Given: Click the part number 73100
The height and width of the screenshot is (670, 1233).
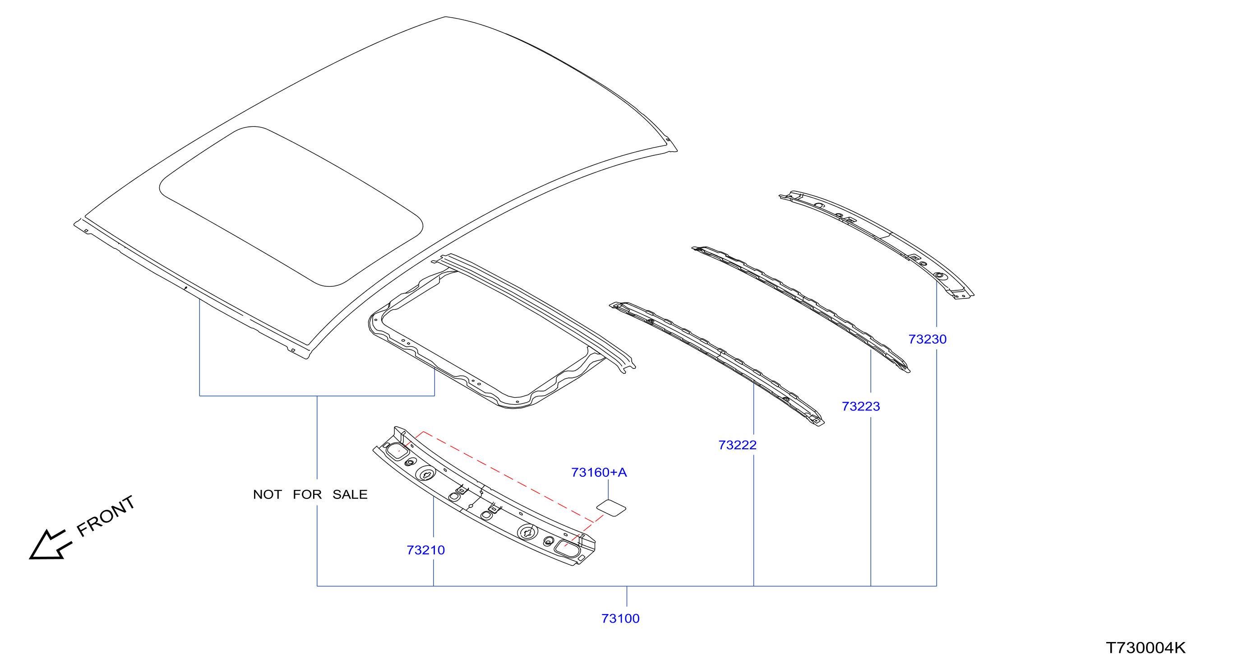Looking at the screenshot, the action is pyautogui.click(x=620, y=618).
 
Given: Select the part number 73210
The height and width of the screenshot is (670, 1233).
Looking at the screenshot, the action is pyautogui.click(x=425, y=550).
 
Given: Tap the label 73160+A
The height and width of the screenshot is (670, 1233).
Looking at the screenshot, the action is pyautogui.click(x=599, y=472).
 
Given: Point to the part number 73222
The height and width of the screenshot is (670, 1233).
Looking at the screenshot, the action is pyautogui.click(x=737, y=445).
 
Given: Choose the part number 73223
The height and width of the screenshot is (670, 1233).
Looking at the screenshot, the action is pyautogui.click(x=861, y=406).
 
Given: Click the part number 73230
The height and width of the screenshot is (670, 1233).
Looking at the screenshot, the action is pyautogui.click(x=927, y=339).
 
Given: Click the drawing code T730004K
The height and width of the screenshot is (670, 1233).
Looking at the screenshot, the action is pyautogui.click(x=1145, y=647).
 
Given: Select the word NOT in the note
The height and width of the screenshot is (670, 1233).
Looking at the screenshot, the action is pyautogui.click(x=267, y=494).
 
